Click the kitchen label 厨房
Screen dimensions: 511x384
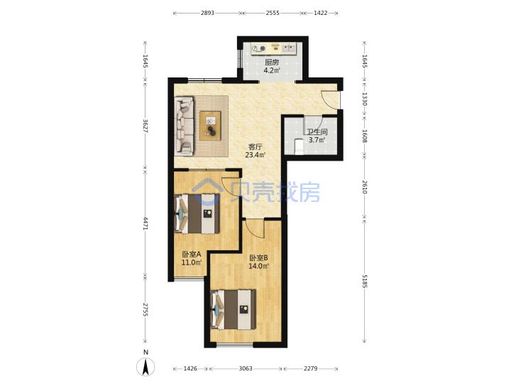[x=272, y=62]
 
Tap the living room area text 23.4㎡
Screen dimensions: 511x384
[x=255, y=155]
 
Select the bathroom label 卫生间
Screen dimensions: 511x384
[x=317, y=132]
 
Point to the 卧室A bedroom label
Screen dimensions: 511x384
[x=192, y=254]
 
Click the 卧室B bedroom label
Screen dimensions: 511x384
[x=258, y=258]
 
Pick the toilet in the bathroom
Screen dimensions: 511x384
[x=299, y=146]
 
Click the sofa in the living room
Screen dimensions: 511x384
[x=184, y=125]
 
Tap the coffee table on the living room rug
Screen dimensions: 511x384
[x=210, y=126]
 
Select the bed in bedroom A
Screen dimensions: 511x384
[x=197, y=214]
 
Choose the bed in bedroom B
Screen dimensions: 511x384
[x=233, y=309]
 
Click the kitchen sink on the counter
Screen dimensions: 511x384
[x=288, y=48]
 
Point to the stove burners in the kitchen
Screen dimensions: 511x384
[x=259, y=48]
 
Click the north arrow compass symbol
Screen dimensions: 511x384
[x=145, y=366]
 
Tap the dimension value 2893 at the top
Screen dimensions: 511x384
[x=207, y=13]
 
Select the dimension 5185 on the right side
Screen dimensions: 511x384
[x=365, y=281]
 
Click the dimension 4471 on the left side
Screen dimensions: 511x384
[x=145, y=223]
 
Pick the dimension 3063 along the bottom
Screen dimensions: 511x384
[x=246, y=368]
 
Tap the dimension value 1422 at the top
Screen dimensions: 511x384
[x=320, y=13]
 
